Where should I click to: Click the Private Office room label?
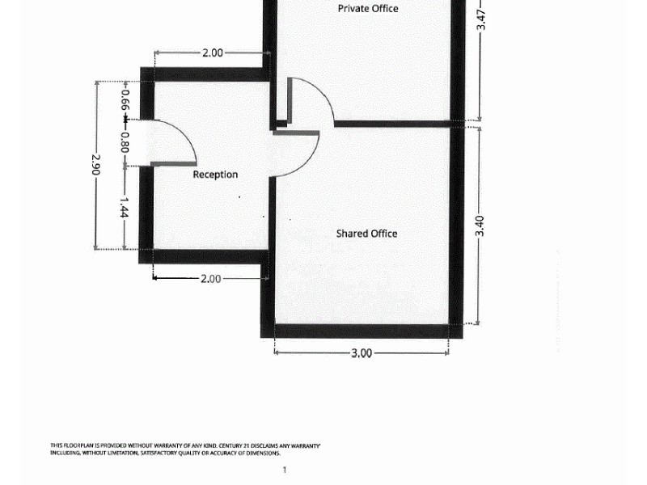[x=367, y=9]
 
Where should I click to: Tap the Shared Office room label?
[x=366, y=234]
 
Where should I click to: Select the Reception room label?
[x=215, y=175]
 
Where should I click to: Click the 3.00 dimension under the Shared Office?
[x=361, y=353]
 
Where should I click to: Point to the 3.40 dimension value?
[x=480, y=226]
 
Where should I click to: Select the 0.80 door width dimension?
[x=125, y=142]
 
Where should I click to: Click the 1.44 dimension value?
[x=124, y=207]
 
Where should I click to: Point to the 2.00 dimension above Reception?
[x=212, y=53]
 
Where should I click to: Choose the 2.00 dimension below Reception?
[x=210, y=279]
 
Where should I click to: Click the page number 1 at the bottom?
[x=284, y=470]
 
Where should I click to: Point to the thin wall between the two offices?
[x=392, y=124]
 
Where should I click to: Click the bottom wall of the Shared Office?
[x=362, y=331]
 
